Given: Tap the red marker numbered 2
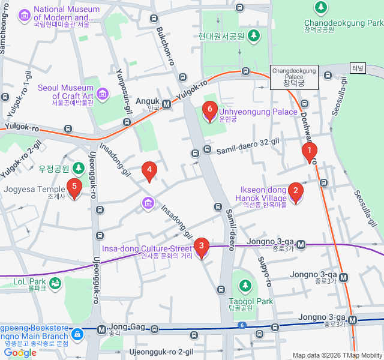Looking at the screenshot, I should [x=295, y=191].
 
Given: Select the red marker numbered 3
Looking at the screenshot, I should [x=201, y=246].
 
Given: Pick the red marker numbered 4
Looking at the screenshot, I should [x=149, y=171].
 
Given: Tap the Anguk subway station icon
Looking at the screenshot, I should [x=166, y=104].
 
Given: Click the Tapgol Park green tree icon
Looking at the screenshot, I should [x=245, y=284].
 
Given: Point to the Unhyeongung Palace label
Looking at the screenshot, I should [x=258, y=112].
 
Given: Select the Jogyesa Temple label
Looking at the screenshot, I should [x=34, y=190].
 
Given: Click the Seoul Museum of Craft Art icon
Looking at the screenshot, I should [x=102, y=93].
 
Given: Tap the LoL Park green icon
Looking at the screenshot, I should [x=55, y=283].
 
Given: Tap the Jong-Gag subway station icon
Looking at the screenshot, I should [x=101, y=329].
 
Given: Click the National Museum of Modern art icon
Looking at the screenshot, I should [x=25, y=14].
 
